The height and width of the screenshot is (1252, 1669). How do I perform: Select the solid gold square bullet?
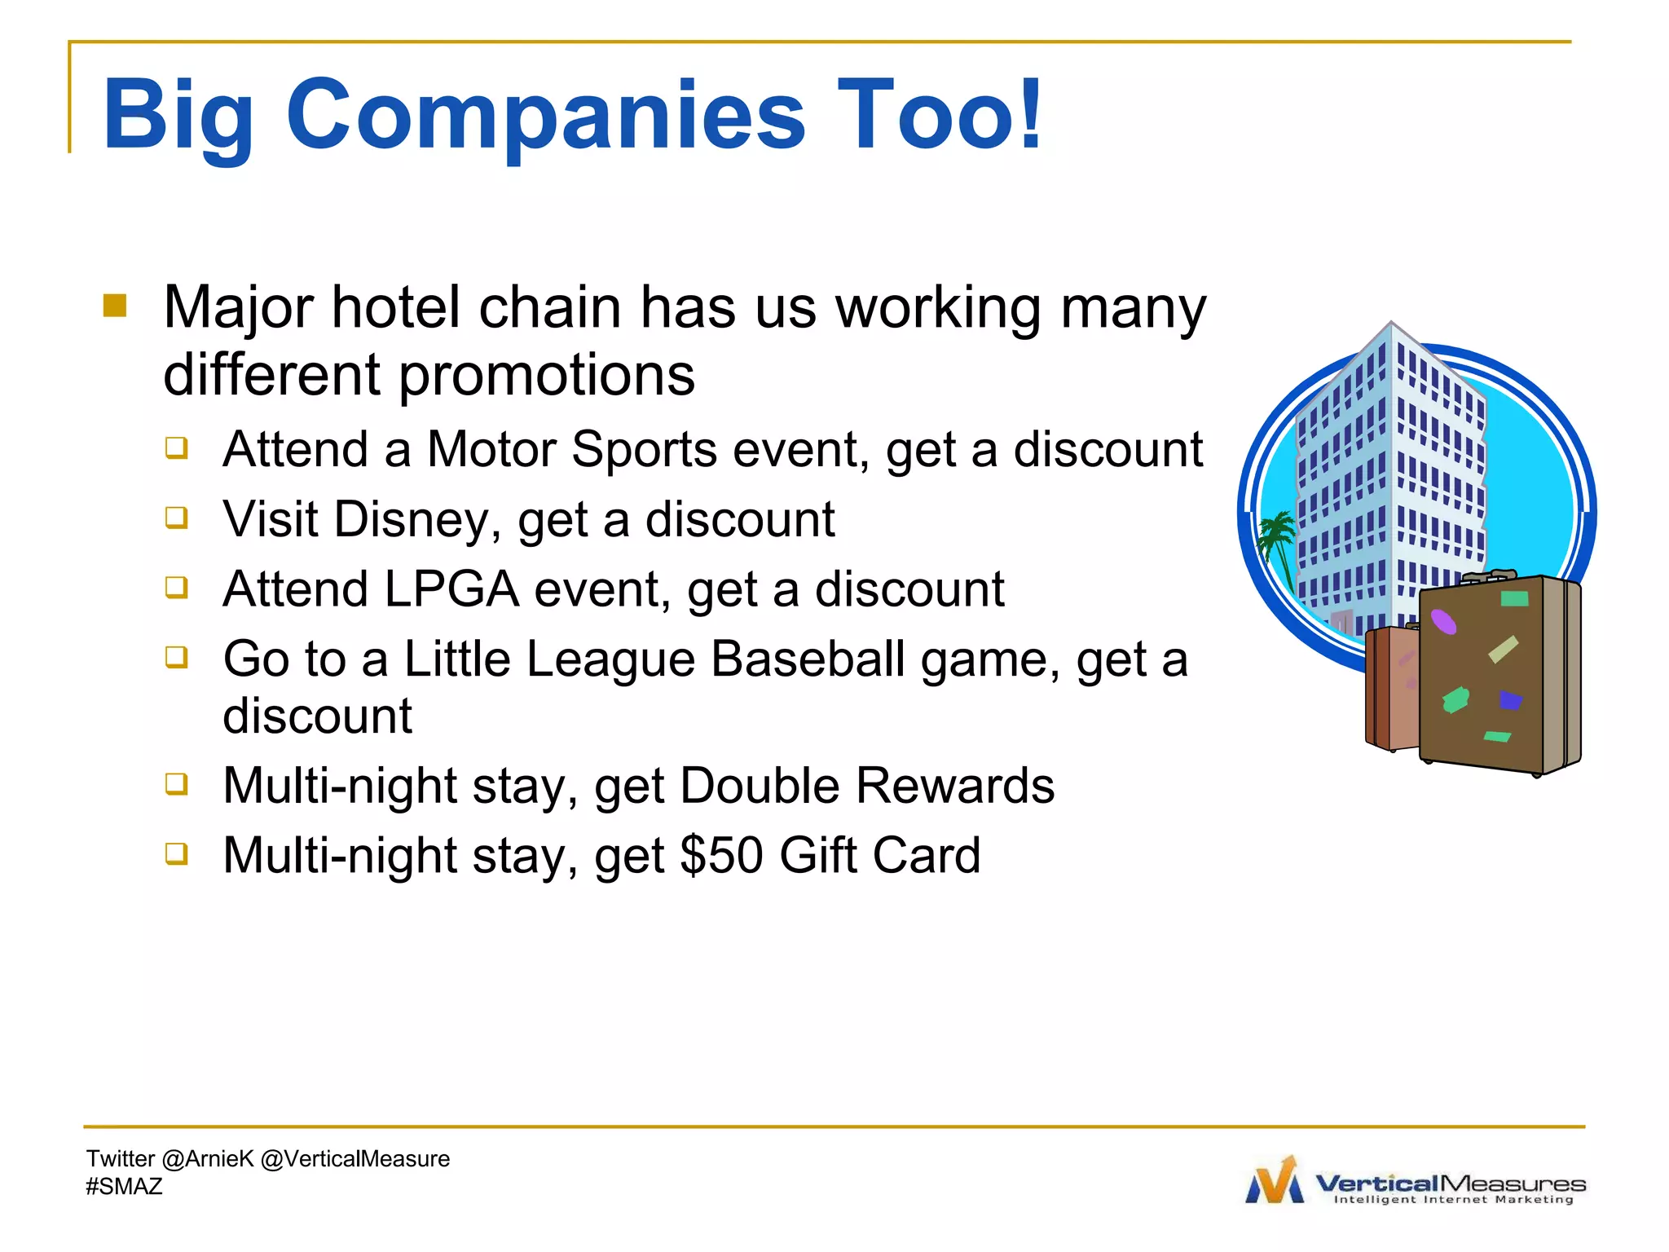(115, 306)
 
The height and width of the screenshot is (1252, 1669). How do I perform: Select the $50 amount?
(721, 856)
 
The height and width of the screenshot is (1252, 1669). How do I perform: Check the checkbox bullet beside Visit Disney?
(177, 518)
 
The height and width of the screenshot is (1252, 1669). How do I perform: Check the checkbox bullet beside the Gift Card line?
(177, 853)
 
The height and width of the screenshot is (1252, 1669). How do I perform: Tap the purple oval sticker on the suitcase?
(1443, 622)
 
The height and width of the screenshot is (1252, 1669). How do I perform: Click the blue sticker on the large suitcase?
(1510, 700)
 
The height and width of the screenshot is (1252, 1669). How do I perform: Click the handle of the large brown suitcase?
(1489, 577)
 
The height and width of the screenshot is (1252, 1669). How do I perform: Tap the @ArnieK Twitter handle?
(208, 1159)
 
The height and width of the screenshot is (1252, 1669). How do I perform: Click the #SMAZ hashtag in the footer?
(124, 1187)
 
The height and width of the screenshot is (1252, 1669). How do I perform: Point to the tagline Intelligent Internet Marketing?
(1453, 1200)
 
